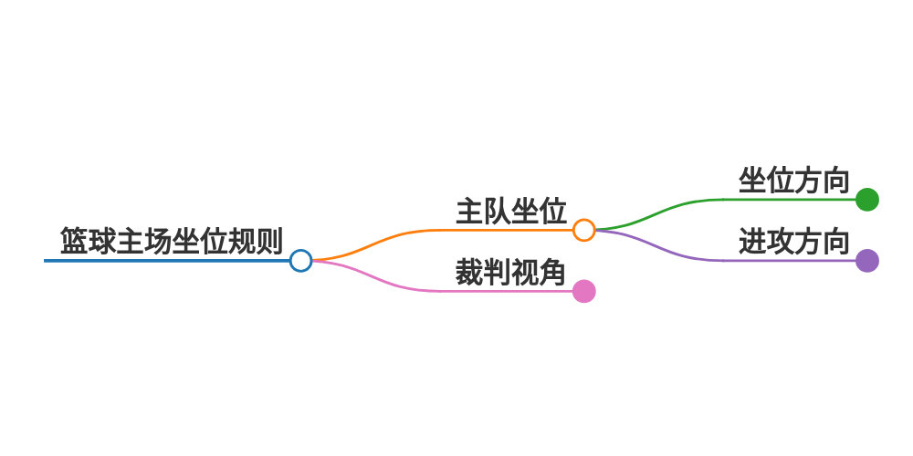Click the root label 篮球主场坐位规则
pos(171,241)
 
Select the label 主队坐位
pos(511,211)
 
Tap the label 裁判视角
pos(511,272)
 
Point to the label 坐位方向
pos(794,181)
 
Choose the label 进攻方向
pos(794,242)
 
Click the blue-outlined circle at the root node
pos(300,261)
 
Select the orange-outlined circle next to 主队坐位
pos(584,230)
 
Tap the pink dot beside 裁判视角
pos(584,291)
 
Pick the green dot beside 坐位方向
pos(867,199)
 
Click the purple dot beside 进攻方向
pos(867,261)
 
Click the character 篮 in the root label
pos(74,241)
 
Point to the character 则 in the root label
pos(269,241)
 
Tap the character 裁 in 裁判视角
pos(469,272)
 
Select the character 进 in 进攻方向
pos(752,242)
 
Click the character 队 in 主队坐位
pos(498,211)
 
